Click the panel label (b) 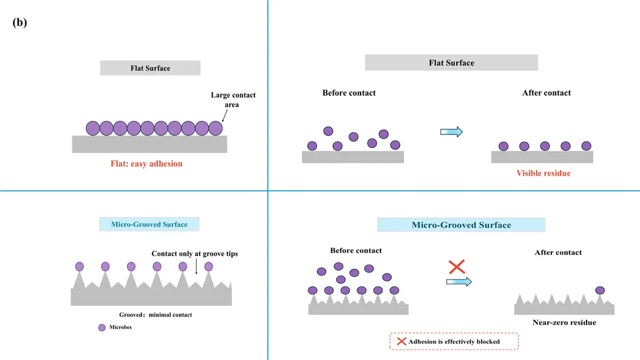[19, 22]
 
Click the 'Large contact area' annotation [233, 100]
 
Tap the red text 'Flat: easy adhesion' [147, 164]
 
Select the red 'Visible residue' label [543, 173]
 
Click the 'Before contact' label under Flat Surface [349, 93]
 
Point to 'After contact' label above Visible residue [547, 93]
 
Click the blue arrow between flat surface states [452, 132]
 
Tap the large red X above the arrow [457, 267]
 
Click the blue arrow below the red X [459, 282]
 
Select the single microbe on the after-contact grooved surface [599, 290]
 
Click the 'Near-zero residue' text [564, 322]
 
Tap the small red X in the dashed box [402, 341]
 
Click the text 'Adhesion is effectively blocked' [454, 342]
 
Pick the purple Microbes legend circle [102, 327]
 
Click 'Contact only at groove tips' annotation [195, 254]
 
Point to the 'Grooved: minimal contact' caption [156, 315]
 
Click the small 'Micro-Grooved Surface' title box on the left [149, 224]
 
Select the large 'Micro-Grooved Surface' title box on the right [462, 225]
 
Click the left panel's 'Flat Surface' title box [150, 68]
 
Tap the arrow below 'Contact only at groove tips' [196, 267]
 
